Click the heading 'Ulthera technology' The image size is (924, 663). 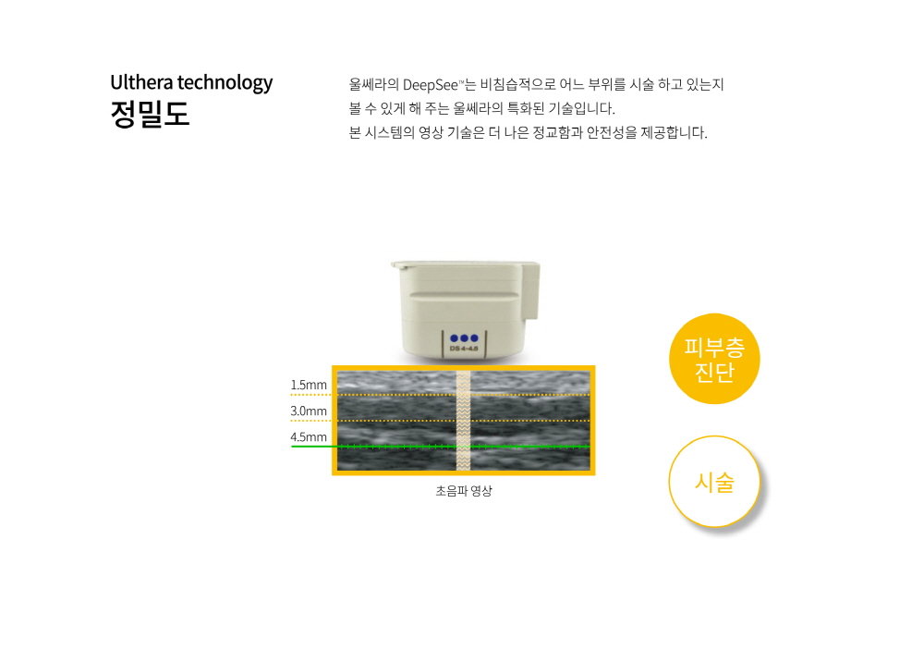[x=191, y=83]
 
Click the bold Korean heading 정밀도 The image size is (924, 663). [x=150, y=114]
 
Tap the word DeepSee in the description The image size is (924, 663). [x=431, y=85]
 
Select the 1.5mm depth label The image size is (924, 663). [x=309, y=386]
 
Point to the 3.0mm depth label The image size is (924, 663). [x=309, y=411]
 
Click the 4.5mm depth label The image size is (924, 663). [x=309, y=437]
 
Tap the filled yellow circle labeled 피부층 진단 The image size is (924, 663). [x=714, y=359]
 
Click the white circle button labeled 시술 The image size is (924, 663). [x=714, y=482]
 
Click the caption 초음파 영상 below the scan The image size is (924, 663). [x=464, y=491]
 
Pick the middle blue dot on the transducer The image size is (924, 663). [x=465, y=338]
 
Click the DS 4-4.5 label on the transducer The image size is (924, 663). [x=464, y=349]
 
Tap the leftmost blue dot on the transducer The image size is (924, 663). [x=455, y=338]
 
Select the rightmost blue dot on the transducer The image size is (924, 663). [x=474, y=338]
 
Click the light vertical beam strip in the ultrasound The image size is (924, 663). [x=464, y=420]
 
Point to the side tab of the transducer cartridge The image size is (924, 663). [x=530, y=292]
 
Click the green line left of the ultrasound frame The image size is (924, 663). [x=311, y=447]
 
